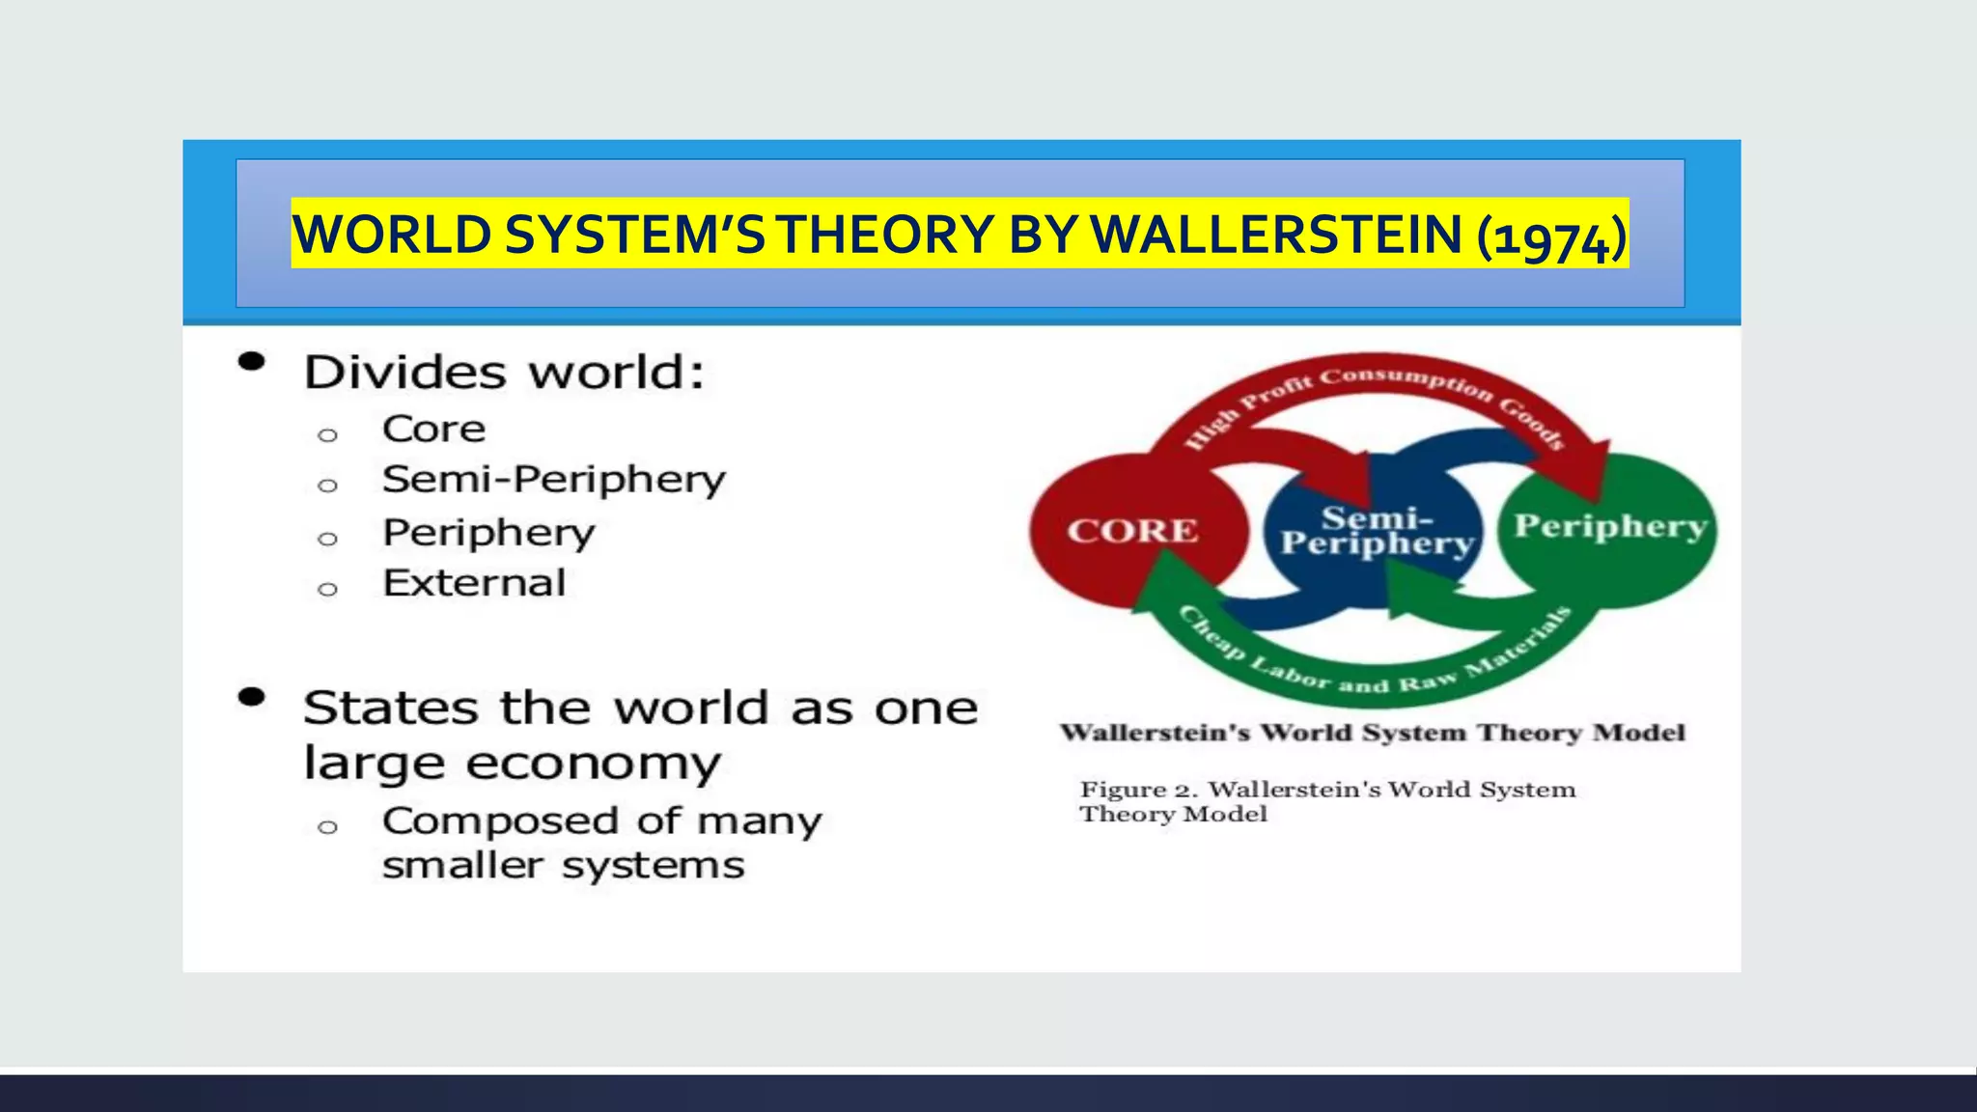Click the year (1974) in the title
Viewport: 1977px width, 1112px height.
point(1551,236)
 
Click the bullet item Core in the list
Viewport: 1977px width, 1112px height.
point(433,430)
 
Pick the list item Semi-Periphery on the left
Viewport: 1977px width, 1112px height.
point(553,480)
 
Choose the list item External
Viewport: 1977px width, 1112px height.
point(474,583)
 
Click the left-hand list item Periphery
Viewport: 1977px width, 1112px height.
point(488,533)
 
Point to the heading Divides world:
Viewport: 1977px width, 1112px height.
point(504,373)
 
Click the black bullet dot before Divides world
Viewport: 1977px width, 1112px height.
point(252,362)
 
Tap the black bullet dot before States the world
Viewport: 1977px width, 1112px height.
point(252,697)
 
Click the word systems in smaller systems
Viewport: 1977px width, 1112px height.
point(654,866)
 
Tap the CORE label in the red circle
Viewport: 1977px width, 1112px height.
point(1132,531)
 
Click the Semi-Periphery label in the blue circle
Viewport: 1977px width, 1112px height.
point(1377,531)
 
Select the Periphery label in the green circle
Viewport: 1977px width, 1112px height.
point(1609,526)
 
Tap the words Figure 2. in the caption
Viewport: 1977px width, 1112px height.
point(1137,790)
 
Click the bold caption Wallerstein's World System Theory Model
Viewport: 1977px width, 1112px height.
point(1372,733)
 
